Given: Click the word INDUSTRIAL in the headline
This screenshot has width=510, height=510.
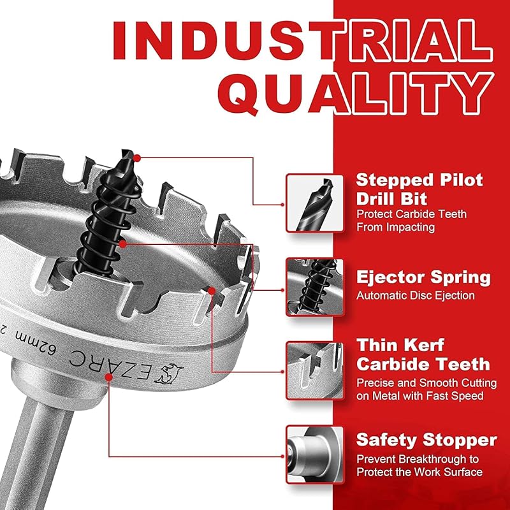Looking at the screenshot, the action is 302,41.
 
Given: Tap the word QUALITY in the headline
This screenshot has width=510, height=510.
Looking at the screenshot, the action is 356,94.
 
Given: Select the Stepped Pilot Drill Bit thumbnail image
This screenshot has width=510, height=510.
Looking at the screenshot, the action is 314,203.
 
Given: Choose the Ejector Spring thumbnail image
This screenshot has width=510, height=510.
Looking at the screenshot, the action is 314,287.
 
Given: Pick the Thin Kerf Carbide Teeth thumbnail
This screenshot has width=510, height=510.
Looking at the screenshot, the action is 314,370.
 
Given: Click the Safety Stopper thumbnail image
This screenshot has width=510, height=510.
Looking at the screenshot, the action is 314,455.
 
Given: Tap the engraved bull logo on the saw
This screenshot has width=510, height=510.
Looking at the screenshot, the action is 169,374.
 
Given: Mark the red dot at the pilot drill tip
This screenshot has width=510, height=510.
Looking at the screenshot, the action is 137,158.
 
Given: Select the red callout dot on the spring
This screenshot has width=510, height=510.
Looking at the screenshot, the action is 122,244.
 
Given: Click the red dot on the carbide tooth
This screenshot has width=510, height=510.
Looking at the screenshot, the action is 212,291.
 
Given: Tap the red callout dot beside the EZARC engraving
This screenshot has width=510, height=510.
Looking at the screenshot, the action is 109,377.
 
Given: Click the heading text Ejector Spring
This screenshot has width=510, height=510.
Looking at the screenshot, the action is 423,278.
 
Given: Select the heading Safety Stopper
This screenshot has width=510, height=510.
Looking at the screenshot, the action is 426,440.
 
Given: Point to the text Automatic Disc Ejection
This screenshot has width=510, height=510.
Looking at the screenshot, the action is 416,295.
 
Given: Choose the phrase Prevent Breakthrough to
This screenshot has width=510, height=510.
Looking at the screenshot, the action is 418,459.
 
